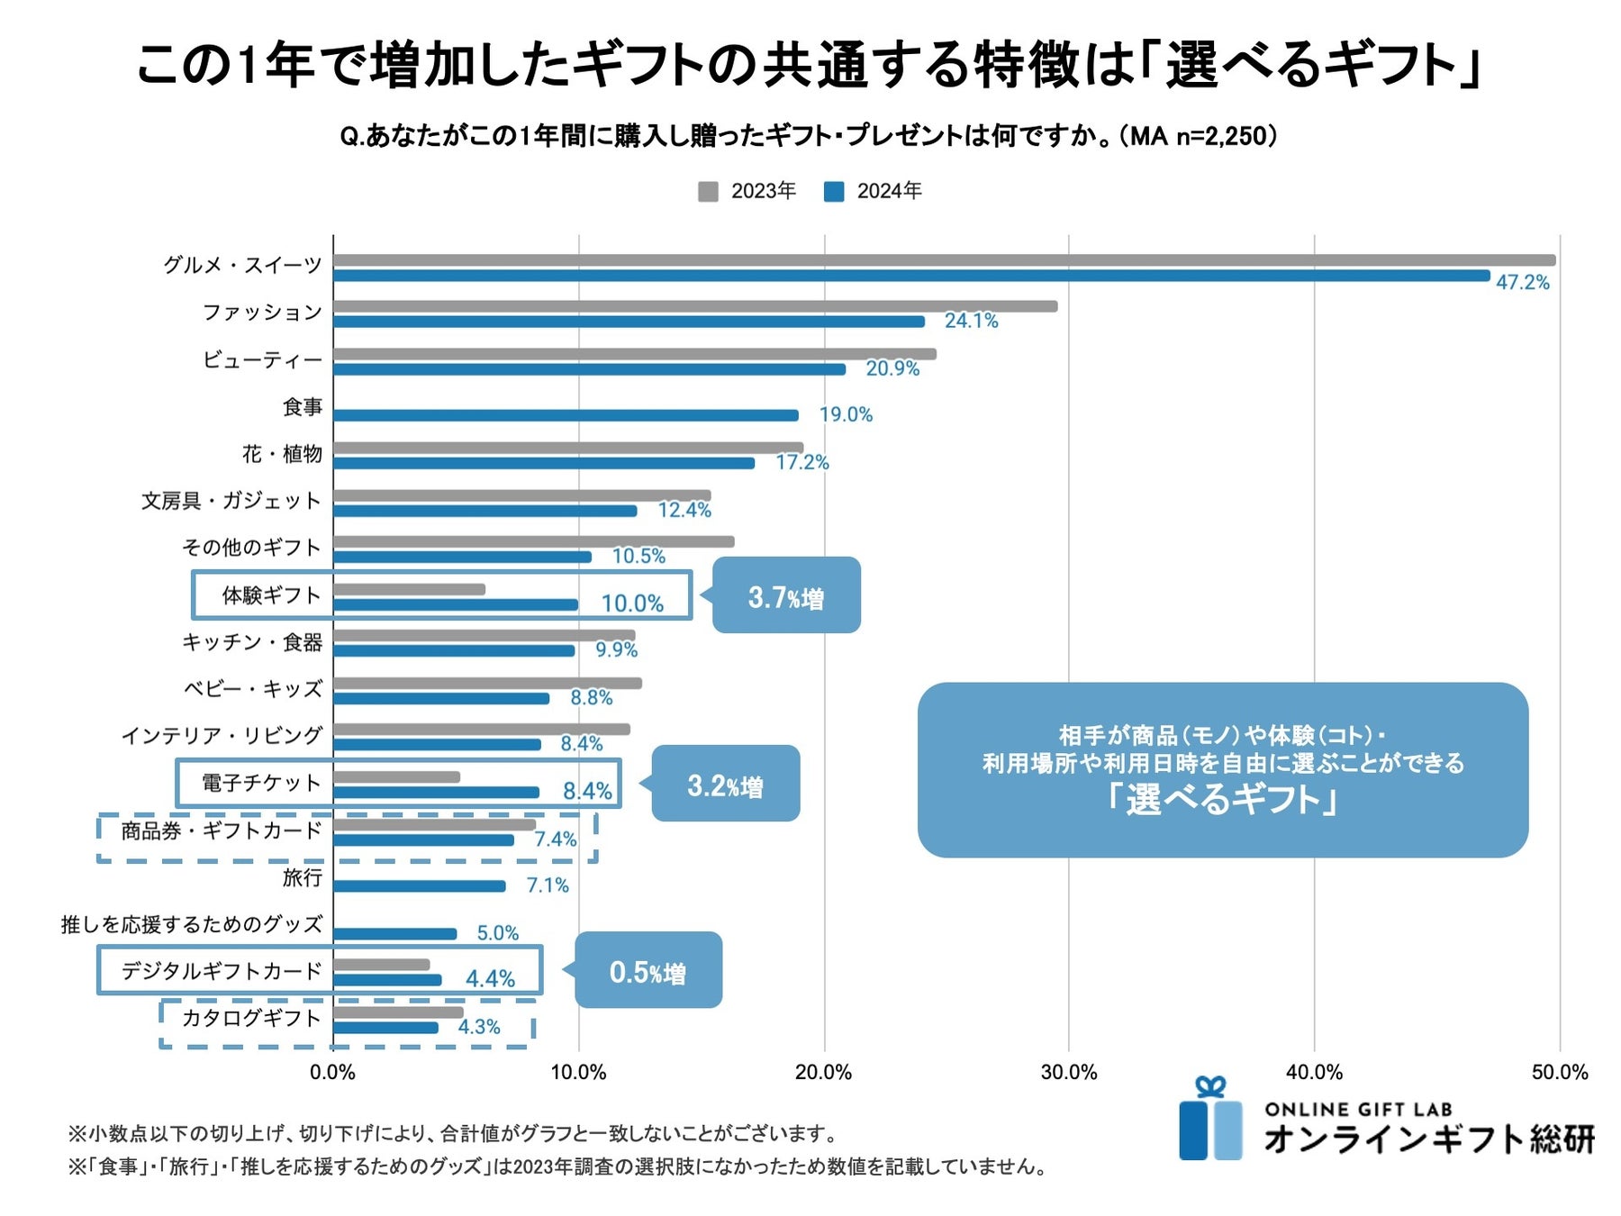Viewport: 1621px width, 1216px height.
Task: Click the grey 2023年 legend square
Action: pyautogui.click(x=708, y=192)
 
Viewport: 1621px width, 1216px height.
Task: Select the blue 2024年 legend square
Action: pyautogui.click(x=834, y=192)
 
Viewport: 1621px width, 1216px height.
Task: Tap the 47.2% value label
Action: pyautogui.click(x=1523, y=283)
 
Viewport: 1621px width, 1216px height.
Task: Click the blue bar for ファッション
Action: pyautogui.click(x=629, y=322)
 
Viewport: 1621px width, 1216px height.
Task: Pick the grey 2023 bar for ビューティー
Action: pyautogui.click(x=634, y=354)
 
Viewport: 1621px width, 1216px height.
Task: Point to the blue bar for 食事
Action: pyautogui.click(x=566, y=415)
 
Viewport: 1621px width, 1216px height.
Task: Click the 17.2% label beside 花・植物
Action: pyautogui.click(x=802, y=463)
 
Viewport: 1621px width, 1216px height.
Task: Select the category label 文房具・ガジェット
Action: pyautogui.click(x=231, y=501)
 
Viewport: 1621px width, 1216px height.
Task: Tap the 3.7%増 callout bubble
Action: pyautogui.click(x=786, y=595)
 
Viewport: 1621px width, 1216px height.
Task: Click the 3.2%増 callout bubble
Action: pyautogui.click(x=725, y=784)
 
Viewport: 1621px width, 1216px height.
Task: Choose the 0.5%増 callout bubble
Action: pyautogui.click(x=647, y=970)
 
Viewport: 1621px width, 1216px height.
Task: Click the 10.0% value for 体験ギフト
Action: pyautogui.click(x=632, y=603)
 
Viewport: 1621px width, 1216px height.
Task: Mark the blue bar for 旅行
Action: pyautogui.click(x=420, y=886)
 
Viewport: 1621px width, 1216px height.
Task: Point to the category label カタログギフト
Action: pyautogui.click(x=251, y=1018)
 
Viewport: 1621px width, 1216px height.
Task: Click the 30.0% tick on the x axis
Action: pyautogui.click(x=1069, y=1073)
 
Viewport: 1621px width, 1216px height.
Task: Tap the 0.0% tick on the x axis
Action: pyautogui.click(x=332, y=1073)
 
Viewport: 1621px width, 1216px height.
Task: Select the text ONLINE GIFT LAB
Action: pyautogui.click(x=1358, y=1110)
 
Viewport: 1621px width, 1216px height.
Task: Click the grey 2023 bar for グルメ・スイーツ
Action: pyautogui.click(x=944, y=260)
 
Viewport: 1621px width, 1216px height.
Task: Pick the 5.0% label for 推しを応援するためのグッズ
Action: pyautogui.click(x=497, y=933)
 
